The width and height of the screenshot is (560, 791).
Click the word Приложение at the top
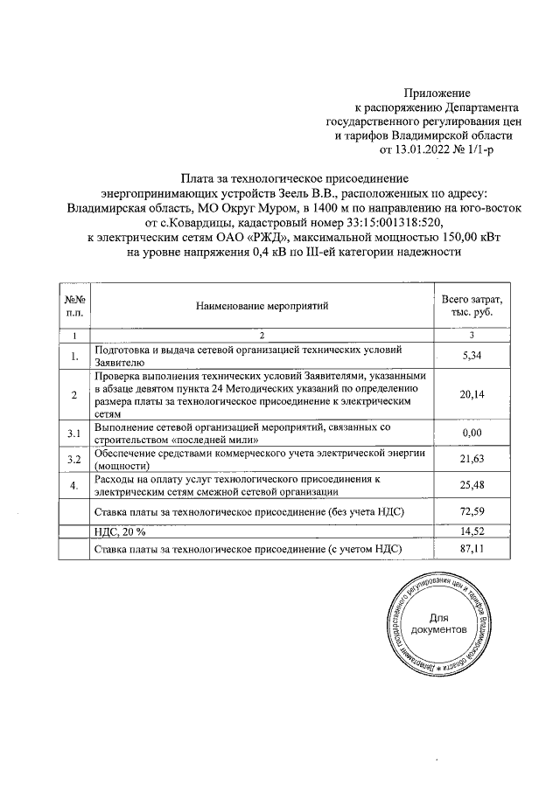coord(437,92)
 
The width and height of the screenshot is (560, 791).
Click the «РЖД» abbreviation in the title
coord(260,237)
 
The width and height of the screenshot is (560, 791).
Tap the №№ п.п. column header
coord(74,306)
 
